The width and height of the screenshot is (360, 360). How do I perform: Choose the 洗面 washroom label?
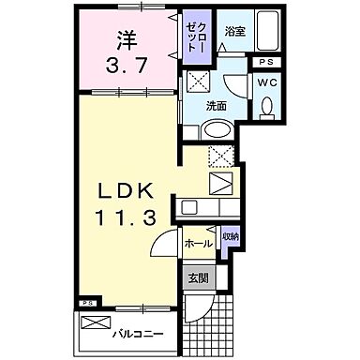pyautogui.click(x=217, y=106)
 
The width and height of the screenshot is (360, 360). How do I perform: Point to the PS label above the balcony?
pyautogui.click(x=87, y=304)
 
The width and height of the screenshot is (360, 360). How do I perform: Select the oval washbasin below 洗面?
pyautogui.click(x=218, y=130)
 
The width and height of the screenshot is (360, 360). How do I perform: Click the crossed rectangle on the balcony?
pyautogui.click(x=96, y=323)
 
